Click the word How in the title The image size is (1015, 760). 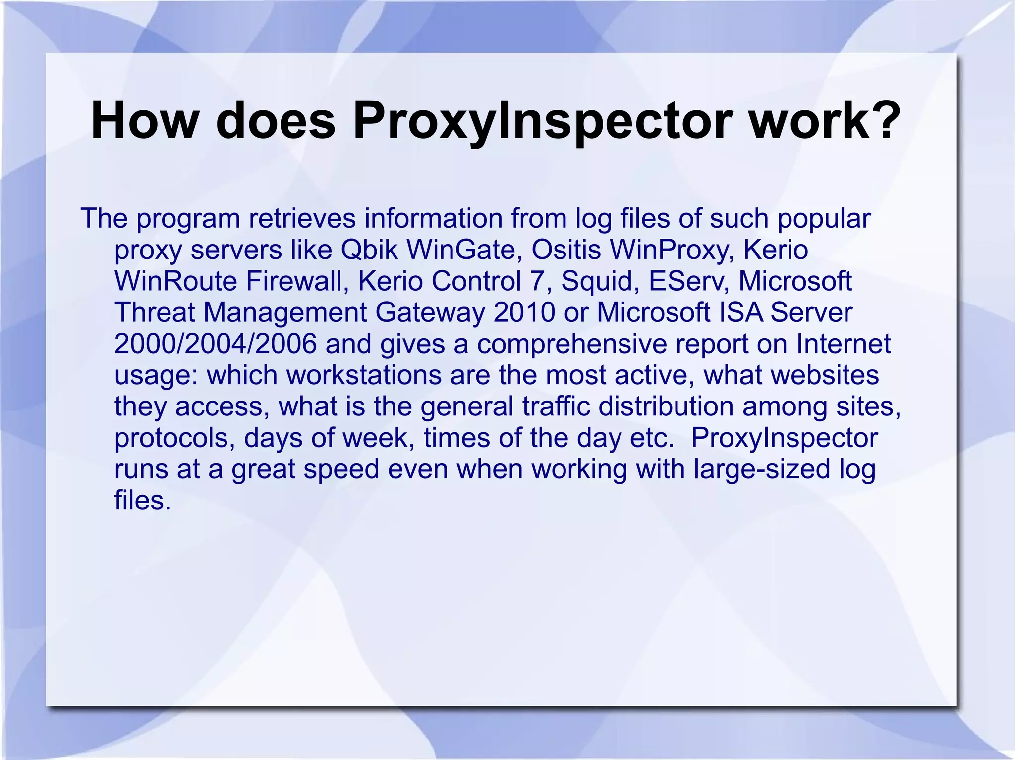click(x=144, y=121)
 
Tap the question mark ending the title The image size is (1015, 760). click(x=880, y=121)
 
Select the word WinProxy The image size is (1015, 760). click(x=672, y=251)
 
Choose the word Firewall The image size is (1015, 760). click(x=297, y=281)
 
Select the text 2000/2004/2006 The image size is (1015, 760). click(x=216, y=344)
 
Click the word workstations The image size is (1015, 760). click(x=364, y=375)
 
